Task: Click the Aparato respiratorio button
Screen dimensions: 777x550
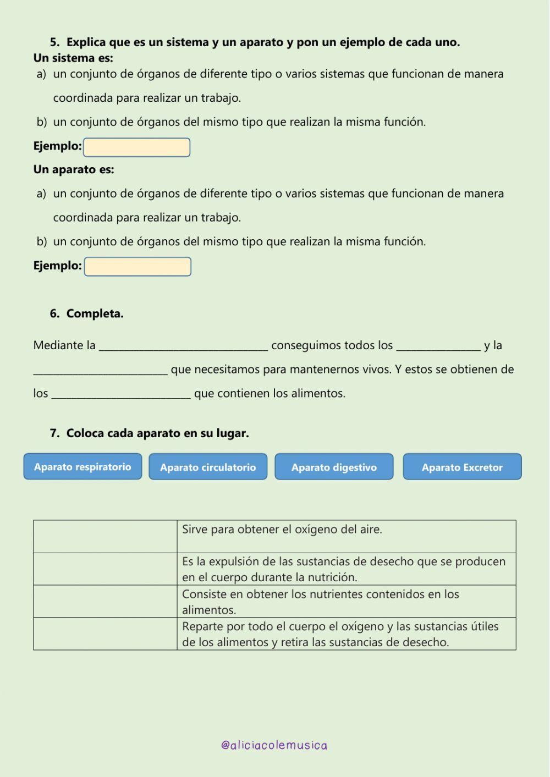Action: [82, 466]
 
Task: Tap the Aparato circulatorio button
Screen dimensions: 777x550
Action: [208, 467]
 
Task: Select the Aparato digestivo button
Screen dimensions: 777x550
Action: [334, 467]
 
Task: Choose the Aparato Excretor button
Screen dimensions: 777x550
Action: [462, 467]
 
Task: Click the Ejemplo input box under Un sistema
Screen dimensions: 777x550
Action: [136, 147]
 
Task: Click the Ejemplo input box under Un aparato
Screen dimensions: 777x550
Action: [137, 267]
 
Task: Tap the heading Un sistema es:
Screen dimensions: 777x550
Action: [73, 58]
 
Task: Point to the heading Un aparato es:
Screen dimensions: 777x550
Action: [74, 169]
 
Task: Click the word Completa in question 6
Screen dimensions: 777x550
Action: [94, 313]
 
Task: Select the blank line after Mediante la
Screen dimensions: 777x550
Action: [183, 346]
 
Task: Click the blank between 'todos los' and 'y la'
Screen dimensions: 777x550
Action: [438, 346]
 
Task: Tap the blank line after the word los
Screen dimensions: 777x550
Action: [121, 394]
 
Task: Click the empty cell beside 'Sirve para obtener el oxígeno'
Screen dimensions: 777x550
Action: [105, 536]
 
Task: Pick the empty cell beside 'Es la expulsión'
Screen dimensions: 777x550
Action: [105, 569]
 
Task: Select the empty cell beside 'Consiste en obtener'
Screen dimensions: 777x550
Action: [105, 601]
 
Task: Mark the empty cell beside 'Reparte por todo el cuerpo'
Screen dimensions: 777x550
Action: [105, 633]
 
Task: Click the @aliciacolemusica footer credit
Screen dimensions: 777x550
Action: [274, 745]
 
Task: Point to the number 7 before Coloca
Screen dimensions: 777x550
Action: [54, 433]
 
